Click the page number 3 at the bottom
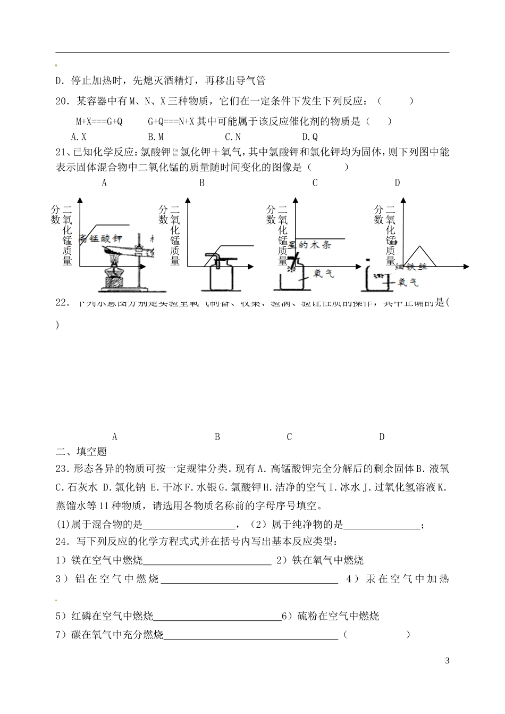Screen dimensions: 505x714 point(447,661)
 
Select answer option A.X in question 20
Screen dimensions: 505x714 point(79,137)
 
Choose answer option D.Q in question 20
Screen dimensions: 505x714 point(309,137)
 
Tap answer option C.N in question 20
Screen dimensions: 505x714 point(233,137)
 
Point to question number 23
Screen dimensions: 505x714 point(63,469)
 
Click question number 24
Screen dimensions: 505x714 point(63,542)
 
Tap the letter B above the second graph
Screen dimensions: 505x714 point(202,183)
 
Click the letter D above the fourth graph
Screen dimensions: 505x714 point(397,183)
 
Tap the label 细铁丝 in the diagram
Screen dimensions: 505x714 point(412,267)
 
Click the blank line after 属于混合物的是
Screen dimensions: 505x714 point(189,525)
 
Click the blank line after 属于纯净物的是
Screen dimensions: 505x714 point(381,525)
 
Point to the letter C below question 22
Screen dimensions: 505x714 point(289,437)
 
